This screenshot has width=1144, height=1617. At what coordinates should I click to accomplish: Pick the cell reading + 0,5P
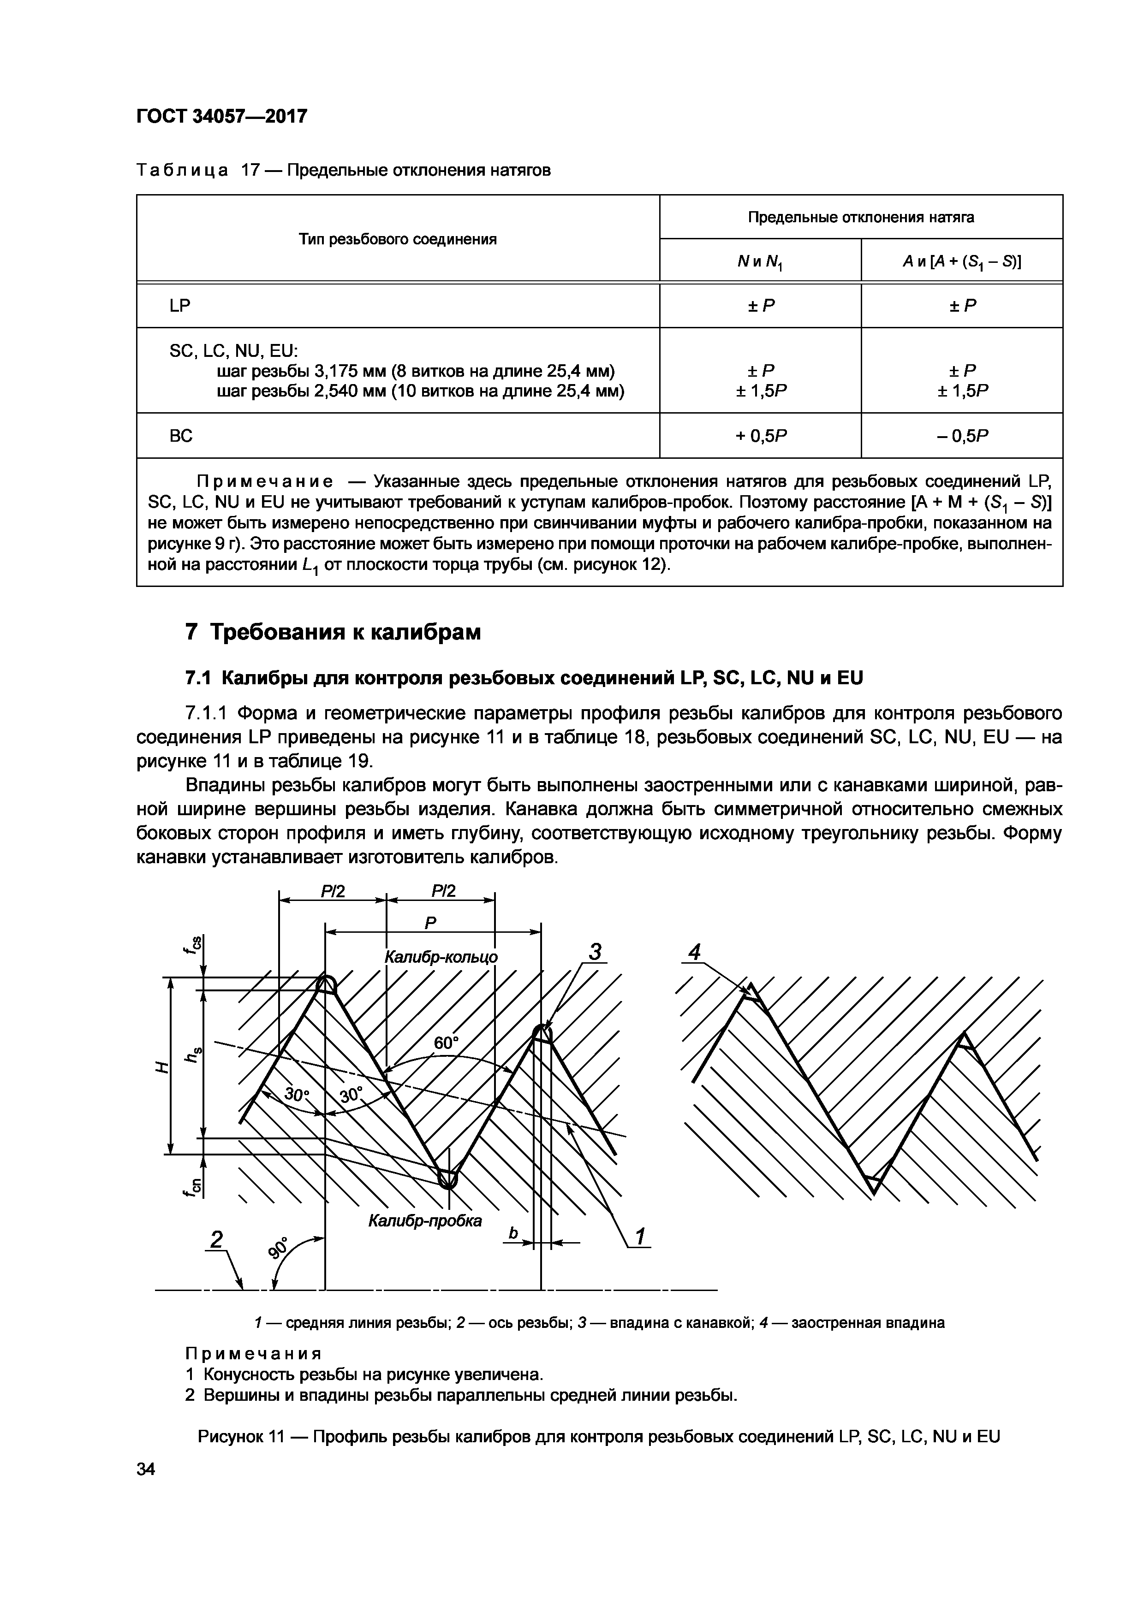coord(760,436)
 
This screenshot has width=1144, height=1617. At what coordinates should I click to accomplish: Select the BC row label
coord(181,436)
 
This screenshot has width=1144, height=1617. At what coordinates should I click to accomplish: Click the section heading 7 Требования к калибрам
coord(333,632)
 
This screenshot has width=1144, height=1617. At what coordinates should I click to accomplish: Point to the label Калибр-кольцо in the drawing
coord(441,957)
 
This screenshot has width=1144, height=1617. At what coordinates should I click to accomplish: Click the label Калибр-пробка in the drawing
coord(425,1220)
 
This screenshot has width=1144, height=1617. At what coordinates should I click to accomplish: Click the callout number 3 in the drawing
coord(595,953)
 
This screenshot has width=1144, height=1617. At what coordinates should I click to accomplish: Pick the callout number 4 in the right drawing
coord(695,953)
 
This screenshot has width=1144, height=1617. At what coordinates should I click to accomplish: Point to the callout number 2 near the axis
coord(216,1239)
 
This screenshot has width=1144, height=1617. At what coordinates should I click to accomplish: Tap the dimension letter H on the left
coord(162,1068)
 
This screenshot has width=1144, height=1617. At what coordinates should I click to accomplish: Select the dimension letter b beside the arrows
coord(513,1233)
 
